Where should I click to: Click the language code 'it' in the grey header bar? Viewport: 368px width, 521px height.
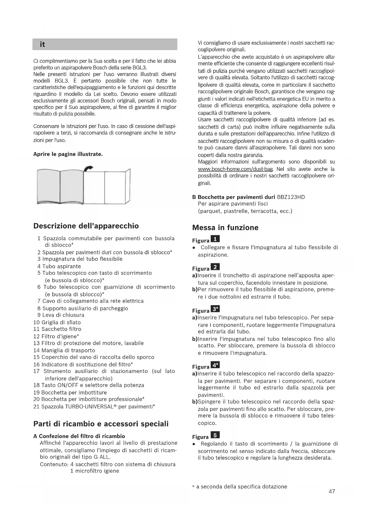pos(42,44)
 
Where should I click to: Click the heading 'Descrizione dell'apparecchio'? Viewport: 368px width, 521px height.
pos(86,226)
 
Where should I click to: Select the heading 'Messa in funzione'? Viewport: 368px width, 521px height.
pos(225,228)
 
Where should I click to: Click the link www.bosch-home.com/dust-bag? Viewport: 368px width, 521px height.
pos(235,169)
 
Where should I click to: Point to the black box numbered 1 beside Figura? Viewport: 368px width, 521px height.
pos(215,239)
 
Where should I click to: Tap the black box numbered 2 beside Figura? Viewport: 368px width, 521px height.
pos(215,267)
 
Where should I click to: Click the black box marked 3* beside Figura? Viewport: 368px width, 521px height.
pos(215,309)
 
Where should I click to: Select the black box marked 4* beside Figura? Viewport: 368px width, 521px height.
pos(215,365)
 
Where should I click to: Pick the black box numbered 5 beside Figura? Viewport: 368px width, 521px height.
pos(215,435)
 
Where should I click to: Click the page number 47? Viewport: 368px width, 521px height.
pos(332,491)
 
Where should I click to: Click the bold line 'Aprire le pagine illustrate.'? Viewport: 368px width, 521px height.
pos(68,154)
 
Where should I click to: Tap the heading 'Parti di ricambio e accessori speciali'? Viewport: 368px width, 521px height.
pos(101,424)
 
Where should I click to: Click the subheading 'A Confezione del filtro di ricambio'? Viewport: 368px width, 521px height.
pos(79,436)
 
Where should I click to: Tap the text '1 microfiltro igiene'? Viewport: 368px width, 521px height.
pos(95,471)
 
